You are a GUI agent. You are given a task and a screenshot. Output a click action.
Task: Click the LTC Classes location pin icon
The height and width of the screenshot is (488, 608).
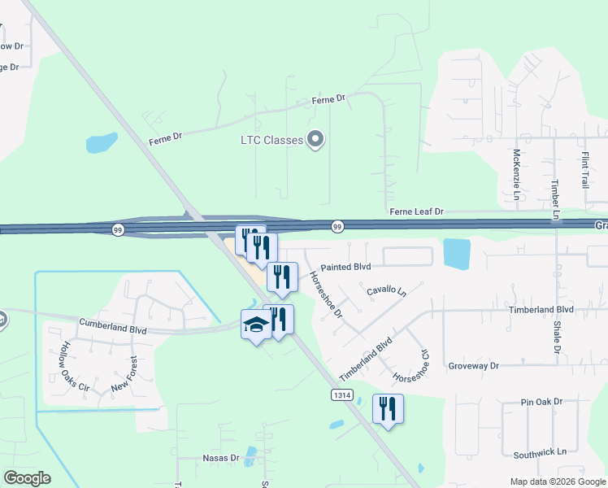click(x=316, y=140)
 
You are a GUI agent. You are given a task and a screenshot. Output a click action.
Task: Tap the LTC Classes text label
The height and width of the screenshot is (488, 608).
click(x=271, y=140)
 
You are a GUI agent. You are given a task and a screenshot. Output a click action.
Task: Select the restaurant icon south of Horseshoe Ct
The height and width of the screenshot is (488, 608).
click(x=388, y=408)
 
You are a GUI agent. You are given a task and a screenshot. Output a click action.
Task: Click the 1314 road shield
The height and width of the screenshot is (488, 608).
click(x=342, y=394)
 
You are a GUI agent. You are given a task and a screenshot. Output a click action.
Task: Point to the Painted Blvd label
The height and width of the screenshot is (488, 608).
click(x=345, y=267)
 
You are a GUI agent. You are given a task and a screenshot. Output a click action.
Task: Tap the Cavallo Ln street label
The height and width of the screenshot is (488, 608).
click(x=385, y=290)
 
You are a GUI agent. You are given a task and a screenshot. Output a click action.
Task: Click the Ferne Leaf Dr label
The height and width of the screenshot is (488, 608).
click(x=416, y=211)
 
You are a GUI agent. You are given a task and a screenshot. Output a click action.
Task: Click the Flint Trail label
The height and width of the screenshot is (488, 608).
click(x=584, y=170)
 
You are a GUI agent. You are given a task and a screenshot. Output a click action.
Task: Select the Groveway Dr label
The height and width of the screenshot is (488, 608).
click(x=473, y=366)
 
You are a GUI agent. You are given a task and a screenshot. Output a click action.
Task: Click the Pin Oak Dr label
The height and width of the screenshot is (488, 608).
click(x=542, y=403)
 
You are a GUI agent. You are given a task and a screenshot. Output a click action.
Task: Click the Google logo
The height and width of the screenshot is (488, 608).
click(x=27, y=478)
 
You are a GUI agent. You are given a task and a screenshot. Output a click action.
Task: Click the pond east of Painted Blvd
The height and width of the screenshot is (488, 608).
click(x=457, y=255)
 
